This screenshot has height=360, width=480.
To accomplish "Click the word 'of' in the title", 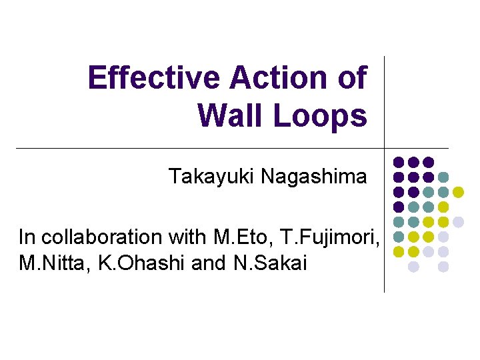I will pyautogui.click(x=352, y=78).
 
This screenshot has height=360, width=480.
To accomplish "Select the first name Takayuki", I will pyautogui.click(x=211, y=177).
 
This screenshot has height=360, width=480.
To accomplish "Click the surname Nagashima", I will pyautogui.click(x=314, y=177).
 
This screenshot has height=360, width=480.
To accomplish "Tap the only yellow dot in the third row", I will pyautogui.click(x=458, y=192).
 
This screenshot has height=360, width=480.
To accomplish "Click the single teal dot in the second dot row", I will pyautogui.click(x=443, y=177).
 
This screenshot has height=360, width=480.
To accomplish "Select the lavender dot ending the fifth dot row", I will pyautogui.click(x=458, y=222).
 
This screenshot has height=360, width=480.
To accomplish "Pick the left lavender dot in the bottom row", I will pyautogui.click(x=413, y=267).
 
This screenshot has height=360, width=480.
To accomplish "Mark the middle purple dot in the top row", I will pyautogui.click(x=413, y=162).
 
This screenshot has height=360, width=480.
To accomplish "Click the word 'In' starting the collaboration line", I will pyautogui.click(x=25, y=237).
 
